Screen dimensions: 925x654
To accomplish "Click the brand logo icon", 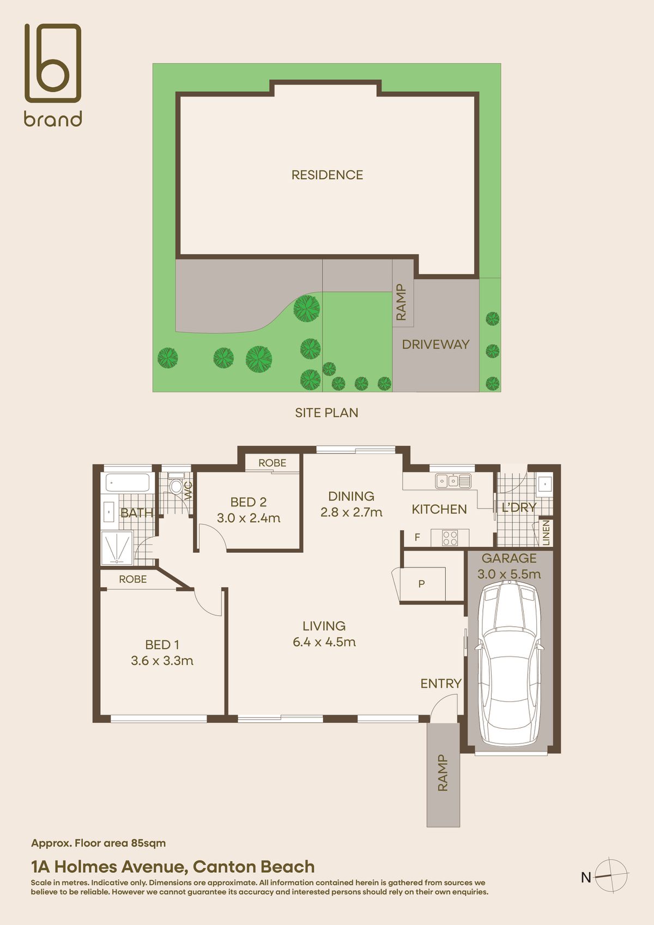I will click(x=53, y=63).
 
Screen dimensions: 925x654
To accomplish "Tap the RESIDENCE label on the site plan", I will click(x=327, y=175).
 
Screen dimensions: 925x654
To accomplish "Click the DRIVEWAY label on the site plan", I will click(x=435, y=344).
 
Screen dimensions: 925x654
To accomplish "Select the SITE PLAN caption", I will click(x=326, y=413).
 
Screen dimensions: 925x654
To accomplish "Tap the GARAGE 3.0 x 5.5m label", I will click(x=509, y=566).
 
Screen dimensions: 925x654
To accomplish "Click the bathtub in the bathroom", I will click(x=128, y=483).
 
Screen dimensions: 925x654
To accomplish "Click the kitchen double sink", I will click(x=453, y=481).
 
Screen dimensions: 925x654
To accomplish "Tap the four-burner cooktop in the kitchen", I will click(x=450, y=538).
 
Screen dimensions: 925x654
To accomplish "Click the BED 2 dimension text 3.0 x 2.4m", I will click(x=249, y=518).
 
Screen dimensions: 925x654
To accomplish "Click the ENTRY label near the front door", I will click(x=440, y=684).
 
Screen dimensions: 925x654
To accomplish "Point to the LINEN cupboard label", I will click(x=546, y=533).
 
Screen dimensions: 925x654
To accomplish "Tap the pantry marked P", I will click(x=422, y=584).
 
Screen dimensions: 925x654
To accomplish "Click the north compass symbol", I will click(x=611, y=875).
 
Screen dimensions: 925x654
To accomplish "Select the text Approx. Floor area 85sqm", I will click(x=99, y=843).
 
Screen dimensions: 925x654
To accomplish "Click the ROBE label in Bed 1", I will click(x=133, y=579).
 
